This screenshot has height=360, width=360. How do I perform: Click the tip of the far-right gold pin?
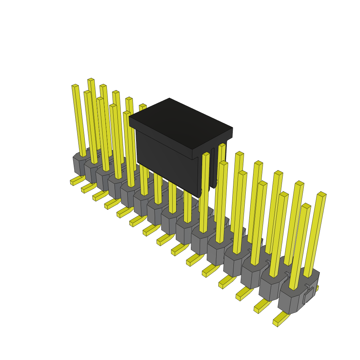322,194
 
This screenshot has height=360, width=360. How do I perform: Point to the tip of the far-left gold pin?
75,85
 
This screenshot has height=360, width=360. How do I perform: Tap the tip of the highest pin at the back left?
91,80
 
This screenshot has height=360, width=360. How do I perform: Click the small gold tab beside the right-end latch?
317,288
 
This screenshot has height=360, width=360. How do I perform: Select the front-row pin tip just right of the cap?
206,154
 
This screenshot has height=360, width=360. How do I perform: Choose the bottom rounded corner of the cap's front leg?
199,194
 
